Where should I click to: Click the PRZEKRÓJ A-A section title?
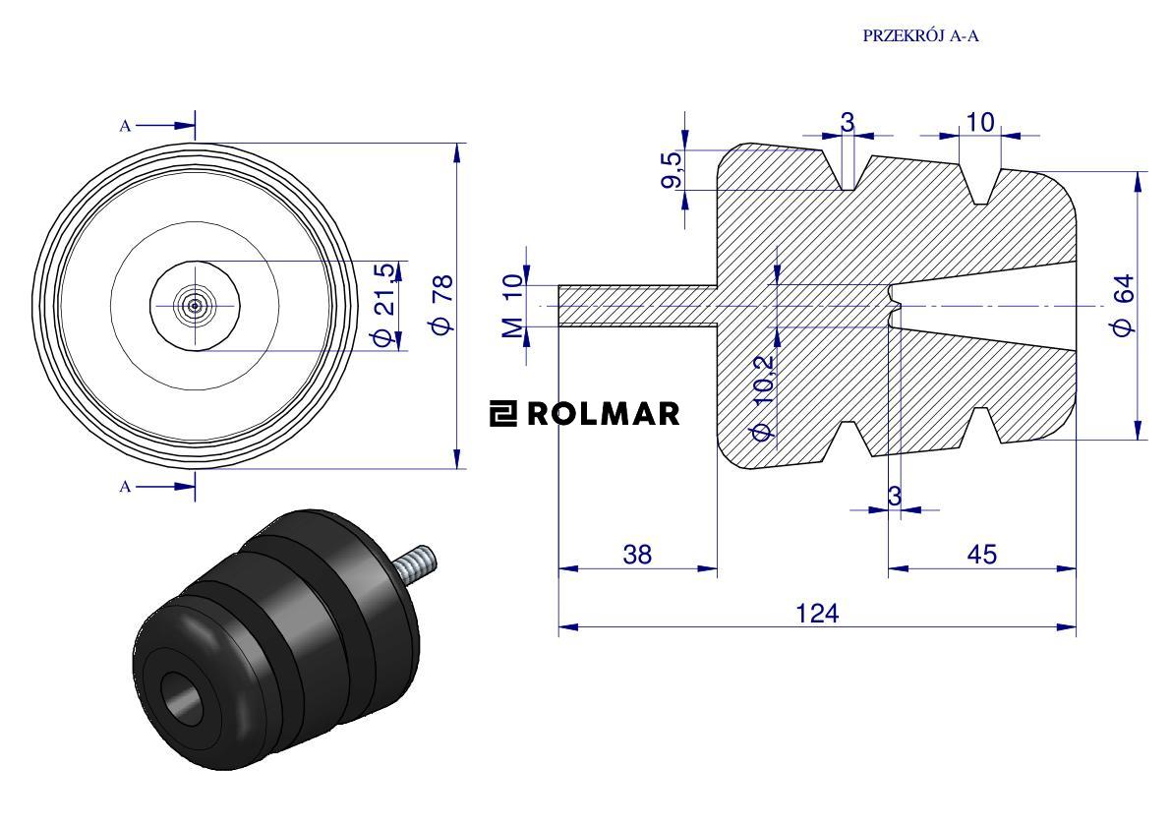pos(922,36)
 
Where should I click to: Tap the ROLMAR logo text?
pos(603,414)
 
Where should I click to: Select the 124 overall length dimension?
pos(817,613)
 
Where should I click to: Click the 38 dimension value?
pos(637,554)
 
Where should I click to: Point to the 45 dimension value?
pos(981,554)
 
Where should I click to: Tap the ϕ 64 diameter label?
pos(1124,306)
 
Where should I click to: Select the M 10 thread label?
pos(513,306)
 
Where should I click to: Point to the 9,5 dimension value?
pos(672,168)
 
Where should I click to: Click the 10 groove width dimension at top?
pos(980,122)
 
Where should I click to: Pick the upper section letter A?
pos(125,126)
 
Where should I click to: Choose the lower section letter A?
pos(125,487)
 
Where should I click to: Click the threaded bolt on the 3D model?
pos(417,563)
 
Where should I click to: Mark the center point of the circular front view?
pos(195,306)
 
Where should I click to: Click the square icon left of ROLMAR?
pos(503,414)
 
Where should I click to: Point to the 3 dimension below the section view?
pos(894,497)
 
